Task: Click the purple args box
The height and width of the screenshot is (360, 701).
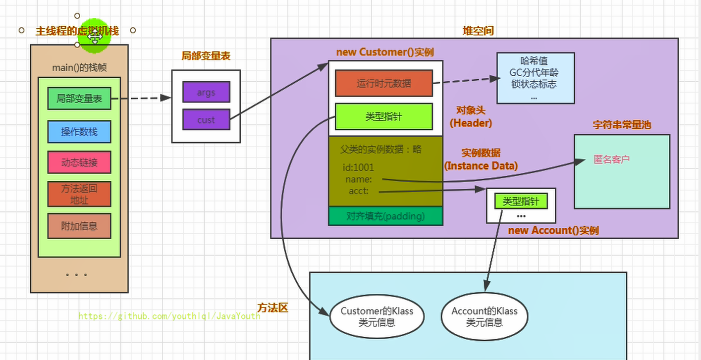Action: (206, 93)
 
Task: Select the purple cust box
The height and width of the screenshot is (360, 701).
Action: (206, 119)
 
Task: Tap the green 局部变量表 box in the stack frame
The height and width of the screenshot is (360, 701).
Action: (79, 99)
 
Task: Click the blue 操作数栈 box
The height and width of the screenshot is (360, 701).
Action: (79, 132)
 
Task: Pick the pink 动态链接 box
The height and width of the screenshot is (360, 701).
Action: (79, 162)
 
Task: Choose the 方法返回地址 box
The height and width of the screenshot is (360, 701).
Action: (79, 194)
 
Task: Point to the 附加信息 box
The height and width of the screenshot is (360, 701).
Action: (79, 226)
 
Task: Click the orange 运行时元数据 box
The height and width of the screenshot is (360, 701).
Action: (384, 83)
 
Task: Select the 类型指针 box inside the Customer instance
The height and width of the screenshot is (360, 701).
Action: (384, 117)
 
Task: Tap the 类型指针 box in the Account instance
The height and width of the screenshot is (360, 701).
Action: (521, 201)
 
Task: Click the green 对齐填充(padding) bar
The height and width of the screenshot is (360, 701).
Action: (385, 216)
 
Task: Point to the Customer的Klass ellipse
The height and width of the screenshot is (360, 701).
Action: (377, 316)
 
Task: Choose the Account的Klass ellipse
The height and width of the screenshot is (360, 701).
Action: (485, 316)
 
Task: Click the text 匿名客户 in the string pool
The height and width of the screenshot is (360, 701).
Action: (611, 159)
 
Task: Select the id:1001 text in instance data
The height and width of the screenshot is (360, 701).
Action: (358, 167)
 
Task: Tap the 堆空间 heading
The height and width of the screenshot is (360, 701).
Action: (478, 31)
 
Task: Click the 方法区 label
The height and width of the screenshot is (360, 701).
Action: (272, 308)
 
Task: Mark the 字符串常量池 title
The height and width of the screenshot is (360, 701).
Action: (622, 125)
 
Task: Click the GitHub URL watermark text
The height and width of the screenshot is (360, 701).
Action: (169, 316)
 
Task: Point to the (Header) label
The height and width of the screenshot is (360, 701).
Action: (471, 123)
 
